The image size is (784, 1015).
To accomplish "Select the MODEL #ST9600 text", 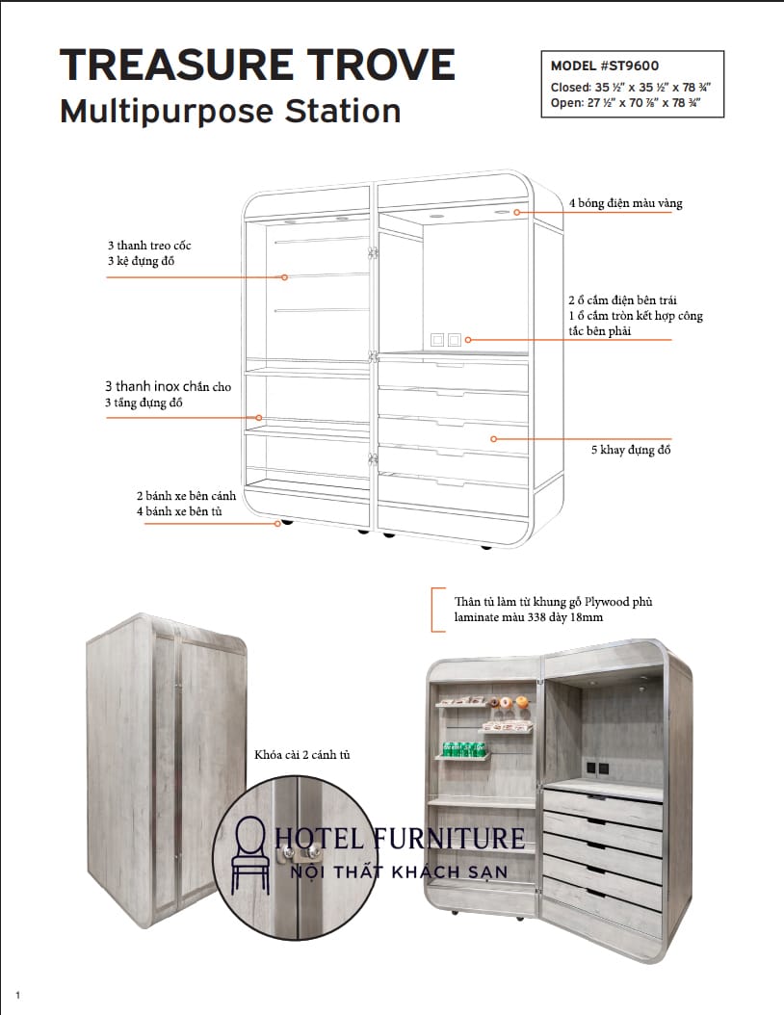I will pos(604,66).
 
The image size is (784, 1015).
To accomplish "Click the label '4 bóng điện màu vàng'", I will pos(626,203).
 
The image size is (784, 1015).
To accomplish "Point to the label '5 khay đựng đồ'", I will pos(631,450).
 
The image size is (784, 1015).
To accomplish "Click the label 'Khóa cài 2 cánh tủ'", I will pos(301,754).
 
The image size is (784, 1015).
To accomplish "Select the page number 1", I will pos(18,994).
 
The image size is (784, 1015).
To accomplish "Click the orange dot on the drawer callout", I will pos(494,439).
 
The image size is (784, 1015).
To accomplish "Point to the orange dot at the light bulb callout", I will pos(517,212).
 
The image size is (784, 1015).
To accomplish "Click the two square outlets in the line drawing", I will pos(446,340).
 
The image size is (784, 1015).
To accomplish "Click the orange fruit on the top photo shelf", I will pos(521,702).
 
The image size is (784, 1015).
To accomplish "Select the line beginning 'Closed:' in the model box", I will pos(630,87).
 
